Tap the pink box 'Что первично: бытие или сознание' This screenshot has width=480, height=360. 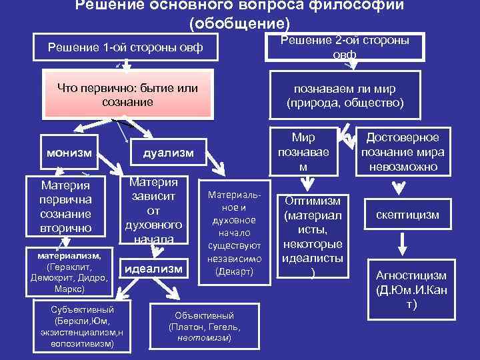click(128, 95)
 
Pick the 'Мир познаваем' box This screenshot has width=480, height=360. click(303, 152)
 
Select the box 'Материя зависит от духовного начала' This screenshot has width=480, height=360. click(154, 209)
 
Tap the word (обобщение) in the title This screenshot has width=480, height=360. click(240, 23)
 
